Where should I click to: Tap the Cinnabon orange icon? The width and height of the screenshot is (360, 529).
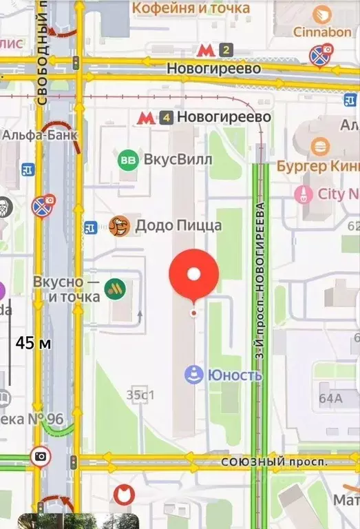click(321, 14)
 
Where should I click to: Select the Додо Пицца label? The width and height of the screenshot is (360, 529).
click(178, 225)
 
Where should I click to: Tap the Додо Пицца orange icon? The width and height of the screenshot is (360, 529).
click(119, 225)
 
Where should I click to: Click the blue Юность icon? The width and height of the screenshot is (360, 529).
click(194, 375)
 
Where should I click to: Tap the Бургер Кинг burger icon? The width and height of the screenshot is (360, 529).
click(319, 146)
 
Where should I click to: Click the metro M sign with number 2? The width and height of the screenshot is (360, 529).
click(204, 50)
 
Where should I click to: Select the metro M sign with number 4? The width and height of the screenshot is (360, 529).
click(145, 117)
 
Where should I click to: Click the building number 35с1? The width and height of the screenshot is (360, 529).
click(140, 395)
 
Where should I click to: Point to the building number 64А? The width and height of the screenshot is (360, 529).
click(330, 397)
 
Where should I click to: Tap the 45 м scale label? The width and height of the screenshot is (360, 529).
click(34, 342)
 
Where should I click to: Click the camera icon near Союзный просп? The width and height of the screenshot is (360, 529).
click(41, 456)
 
